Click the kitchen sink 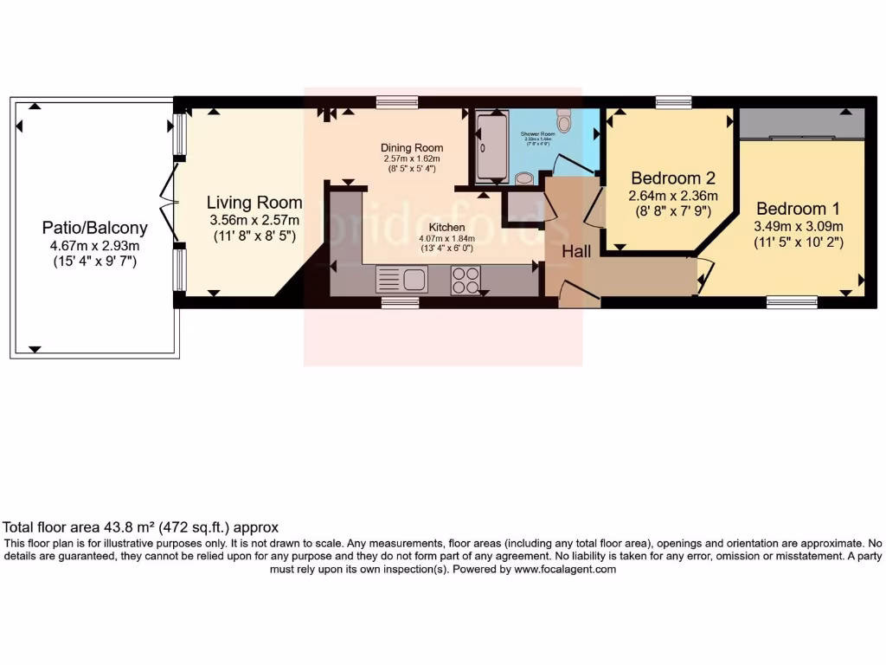click(402, 280)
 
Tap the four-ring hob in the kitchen click(465, 280)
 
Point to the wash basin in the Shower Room click(523, 178)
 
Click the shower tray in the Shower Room click(491, 146)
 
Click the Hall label click(576, 251)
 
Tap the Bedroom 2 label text click(673, 178)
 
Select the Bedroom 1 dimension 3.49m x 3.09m click(798, 226)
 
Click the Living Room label click(254, 203)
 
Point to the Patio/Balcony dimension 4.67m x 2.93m click(94, 245)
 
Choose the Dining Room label click(412, 148)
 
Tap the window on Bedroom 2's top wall click(673, 103)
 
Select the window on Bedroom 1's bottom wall click(792, 301)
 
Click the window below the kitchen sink click(399, 302)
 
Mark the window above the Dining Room click(397, 102)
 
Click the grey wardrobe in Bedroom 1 click(801, 125)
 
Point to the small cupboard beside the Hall click(523, 204)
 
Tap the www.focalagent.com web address click(564, 570)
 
